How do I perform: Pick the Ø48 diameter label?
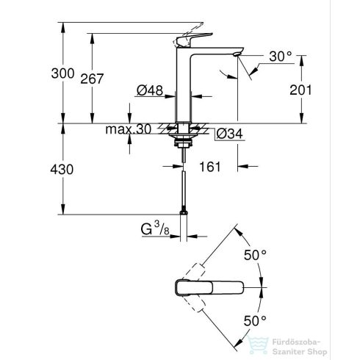point(150,91)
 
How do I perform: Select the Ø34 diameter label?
point(231,133)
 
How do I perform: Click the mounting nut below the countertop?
point(182,137)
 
